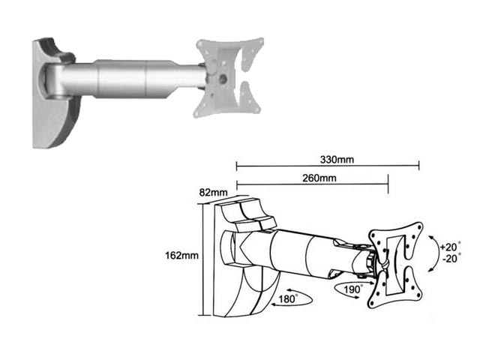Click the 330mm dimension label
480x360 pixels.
coord(337,160)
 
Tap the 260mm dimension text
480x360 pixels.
coord(319,178)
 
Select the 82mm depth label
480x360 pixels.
coord(213,192)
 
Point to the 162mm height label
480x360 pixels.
coord(181,255)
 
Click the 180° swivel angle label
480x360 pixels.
coord(287,298)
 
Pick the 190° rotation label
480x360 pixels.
coord(353,289)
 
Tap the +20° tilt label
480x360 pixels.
coord(451,247)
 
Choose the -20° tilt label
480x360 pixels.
coord(451,259)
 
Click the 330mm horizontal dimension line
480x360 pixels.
coord(328,166)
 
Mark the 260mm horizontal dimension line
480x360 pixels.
coord(312,184)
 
